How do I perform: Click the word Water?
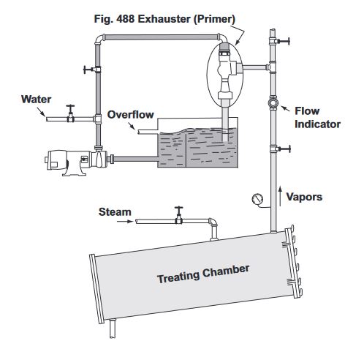pos(36,100)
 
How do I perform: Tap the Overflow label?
pos(131,115)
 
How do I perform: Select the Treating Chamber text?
pos(203,274)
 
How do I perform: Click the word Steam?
pos(115,212)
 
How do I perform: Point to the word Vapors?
pos(304,197)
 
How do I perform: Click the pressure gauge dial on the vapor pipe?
pos(257,199)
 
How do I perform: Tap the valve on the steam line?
pos(179,215)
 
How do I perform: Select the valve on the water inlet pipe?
pos(71,113)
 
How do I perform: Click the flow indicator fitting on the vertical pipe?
pos(273,103)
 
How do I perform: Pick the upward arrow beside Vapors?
pos(280,196)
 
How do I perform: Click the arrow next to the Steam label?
pos(125,222)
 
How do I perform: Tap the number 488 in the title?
pos(125,19)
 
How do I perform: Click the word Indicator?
pos(317,124)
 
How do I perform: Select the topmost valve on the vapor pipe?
pos(280,41)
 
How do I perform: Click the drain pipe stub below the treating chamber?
pos(113,329)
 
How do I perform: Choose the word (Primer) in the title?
pos(214,19)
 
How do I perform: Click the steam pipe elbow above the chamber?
pos(213,222)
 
